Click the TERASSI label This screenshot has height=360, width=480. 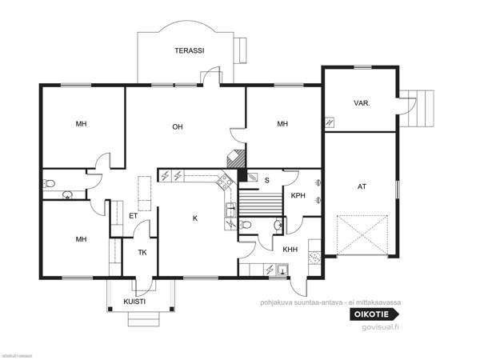tap(190, 50)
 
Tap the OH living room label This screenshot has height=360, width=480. tap(178, 126)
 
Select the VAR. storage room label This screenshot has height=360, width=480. tap(361, 103)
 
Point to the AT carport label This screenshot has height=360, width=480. tap(362, 186)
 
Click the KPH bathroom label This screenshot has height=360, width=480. tap(298, 195)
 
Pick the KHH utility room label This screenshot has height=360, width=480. tap(290, 250)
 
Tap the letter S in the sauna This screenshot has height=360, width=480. tap(266, 179)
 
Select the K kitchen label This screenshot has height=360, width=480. tap(194, 218)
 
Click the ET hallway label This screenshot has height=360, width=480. tap(133, 215)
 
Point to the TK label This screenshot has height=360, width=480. tap(142, 252)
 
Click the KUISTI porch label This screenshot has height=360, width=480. tap(134, 302)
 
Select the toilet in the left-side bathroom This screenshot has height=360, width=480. tap(50, 184)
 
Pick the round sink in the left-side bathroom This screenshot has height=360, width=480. tap(67, 194)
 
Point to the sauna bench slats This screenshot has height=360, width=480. tap(262, 204)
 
